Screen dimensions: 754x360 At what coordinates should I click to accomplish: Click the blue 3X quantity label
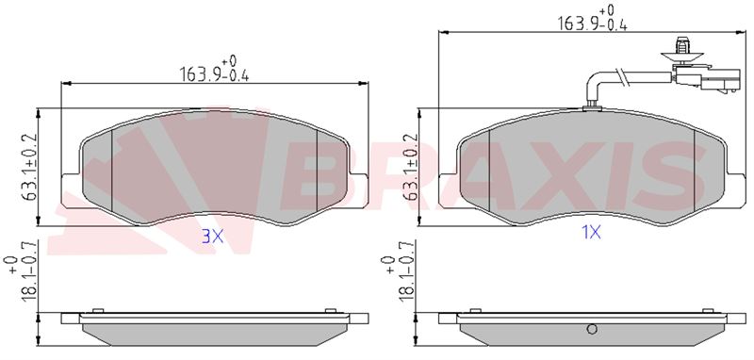[212, 236]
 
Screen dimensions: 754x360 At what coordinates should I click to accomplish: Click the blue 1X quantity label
[591, 233]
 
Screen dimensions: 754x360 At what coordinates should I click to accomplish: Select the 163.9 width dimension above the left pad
[214, 70]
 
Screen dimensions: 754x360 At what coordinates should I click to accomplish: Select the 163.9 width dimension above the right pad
[592, 18]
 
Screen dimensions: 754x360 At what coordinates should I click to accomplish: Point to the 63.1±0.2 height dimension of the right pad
[410, 167]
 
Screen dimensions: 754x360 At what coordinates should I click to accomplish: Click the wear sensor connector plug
[708, 79]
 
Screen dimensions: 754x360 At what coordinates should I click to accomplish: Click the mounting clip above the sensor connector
[681, 51]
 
